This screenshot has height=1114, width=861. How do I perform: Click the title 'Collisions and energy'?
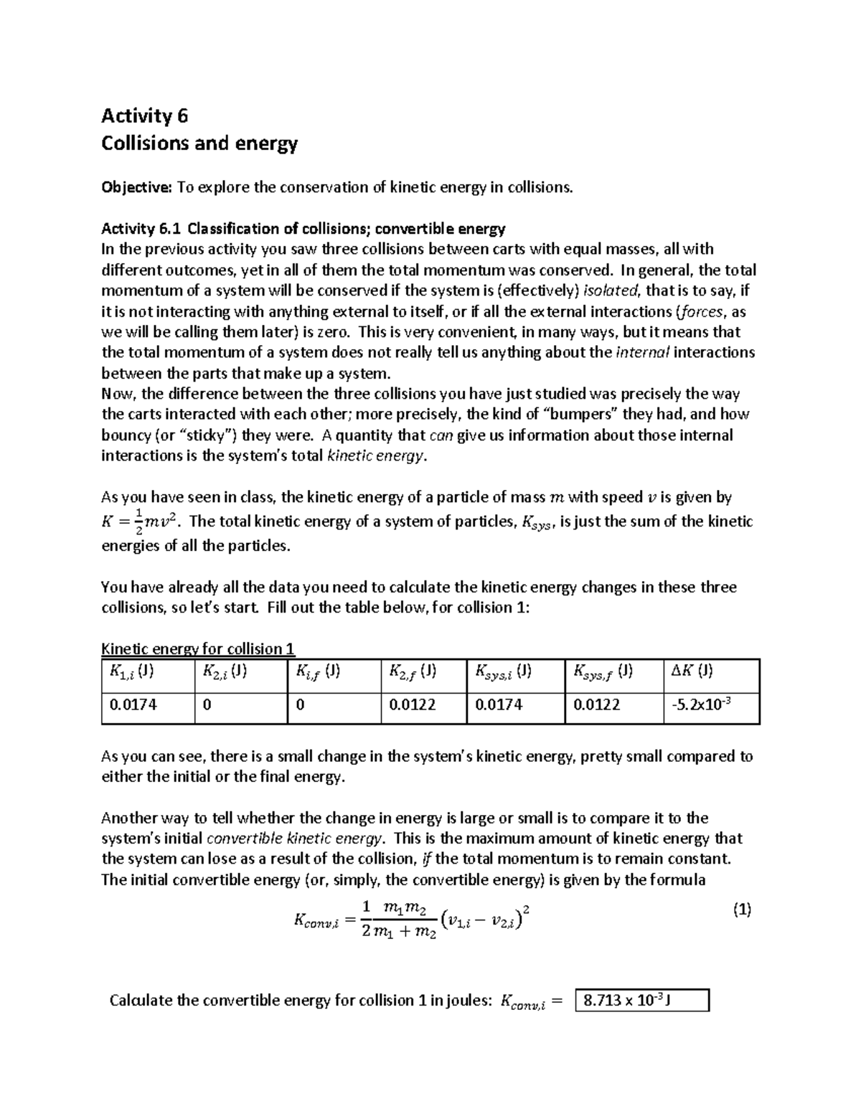199,143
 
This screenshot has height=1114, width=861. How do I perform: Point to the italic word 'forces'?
703,311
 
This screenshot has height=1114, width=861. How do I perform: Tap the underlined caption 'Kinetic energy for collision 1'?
198,649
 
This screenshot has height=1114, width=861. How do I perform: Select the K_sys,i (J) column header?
503,672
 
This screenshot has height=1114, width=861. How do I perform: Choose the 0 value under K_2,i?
207,705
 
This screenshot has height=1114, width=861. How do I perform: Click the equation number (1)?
741,910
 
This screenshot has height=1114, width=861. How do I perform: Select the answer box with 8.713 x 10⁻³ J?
641,1000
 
